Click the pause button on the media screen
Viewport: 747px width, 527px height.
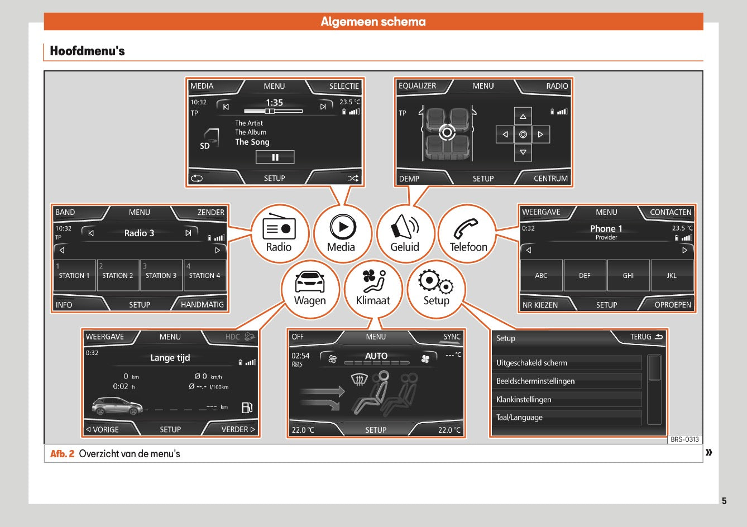click(275, 157)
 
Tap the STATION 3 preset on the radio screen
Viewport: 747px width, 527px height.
click(161, 275)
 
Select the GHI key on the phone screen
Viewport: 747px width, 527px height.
click(628, 276)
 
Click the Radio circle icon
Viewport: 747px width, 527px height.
click(279, 233)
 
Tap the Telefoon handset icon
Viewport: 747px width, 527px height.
click(466, 228)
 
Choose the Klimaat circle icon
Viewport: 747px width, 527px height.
click(373, 289)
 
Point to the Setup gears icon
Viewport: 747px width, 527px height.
click(436, 282)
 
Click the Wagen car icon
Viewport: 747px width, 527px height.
click(310, 282)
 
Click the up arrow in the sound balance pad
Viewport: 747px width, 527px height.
click(523, 117)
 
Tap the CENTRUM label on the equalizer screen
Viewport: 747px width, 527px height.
click(550, 179)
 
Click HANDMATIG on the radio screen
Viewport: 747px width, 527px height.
click(202, 304)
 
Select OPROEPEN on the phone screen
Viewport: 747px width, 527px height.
click(673, 305)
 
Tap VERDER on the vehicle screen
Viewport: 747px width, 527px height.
click(238, 429)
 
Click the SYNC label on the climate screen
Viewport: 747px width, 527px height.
click(452, 337)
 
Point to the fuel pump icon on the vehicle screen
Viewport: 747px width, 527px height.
click(247, 408)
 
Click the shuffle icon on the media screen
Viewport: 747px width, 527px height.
click(353, 179)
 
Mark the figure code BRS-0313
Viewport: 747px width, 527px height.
click(684, 439)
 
